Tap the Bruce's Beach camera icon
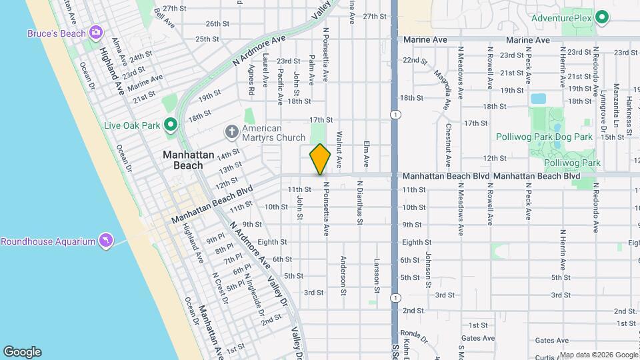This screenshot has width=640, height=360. [96, 33]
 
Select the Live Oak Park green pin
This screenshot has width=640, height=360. [170, 125]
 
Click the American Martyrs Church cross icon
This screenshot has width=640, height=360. [231, 130]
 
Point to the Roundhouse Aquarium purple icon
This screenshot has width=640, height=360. [105, 240]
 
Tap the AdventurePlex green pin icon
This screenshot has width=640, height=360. [602, 17]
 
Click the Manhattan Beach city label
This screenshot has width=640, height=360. [189, 160]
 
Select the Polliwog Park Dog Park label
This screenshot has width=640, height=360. [544, 137]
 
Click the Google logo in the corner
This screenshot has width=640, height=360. [22, 352]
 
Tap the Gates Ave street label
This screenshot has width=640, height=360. [477, 339]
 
